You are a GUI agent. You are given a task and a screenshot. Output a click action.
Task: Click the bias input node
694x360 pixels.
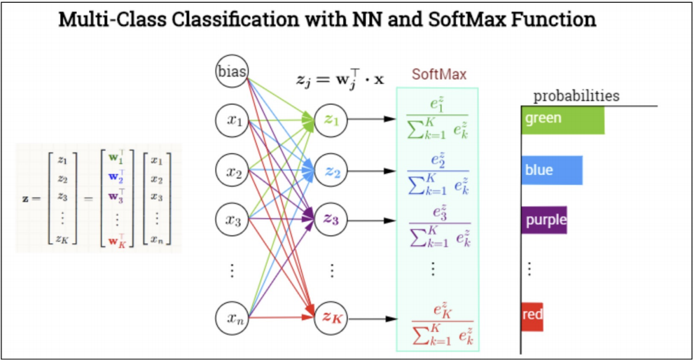pyautogui.click(x=232, y=71)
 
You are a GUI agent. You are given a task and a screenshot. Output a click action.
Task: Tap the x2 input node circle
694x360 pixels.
pyautogui.click(x=232, y=172)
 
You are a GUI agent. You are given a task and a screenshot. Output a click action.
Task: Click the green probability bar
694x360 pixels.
pyautogui.click(x=562, y=119)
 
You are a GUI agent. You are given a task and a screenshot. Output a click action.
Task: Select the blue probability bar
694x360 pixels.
pyautogui.click(x=552, y=170)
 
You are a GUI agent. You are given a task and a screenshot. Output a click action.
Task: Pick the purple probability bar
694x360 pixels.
pyautogui.click(x=544, y=220)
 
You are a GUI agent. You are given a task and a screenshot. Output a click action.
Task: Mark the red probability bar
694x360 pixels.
pyautogui.click(x=532, y=316)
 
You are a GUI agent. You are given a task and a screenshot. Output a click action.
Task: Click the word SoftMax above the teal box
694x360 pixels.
pyautogui.click(x=438, y=74)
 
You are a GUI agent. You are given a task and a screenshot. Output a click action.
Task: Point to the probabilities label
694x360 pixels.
pyautogui.click(x=576, y=96)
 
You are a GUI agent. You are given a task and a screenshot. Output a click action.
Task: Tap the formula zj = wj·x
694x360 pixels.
pyautogui.click(x=340, y=78)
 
